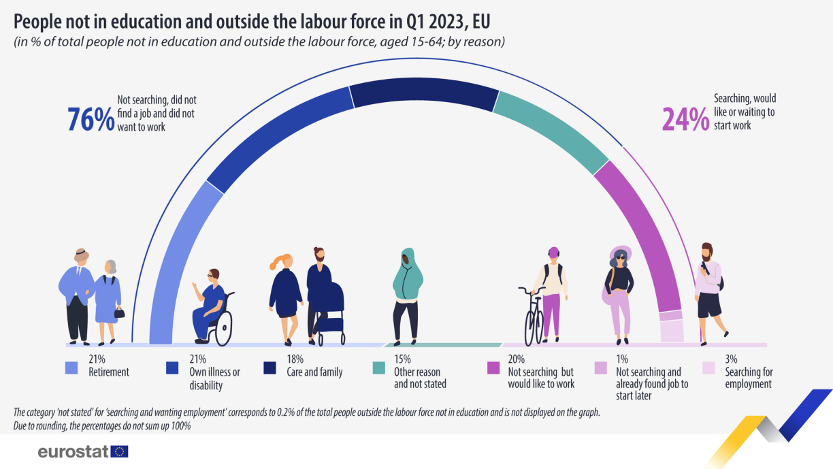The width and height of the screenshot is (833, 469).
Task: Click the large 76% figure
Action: click(x=90, y=118)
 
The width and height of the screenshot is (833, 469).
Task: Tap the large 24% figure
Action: click(x=685, y=119)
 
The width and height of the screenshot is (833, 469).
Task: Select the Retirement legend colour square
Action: click(x=71, y=368)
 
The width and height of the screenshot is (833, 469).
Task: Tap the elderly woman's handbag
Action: click(x=119, y=312)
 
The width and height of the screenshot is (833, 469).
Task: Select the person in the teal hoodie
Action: click(x=407, y=293)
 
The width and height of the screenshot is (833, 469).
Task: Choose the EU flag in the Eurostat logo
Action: click(x=120, y=451)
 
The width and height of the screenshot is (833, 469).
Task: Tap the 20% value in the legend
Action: click(x=516, y=359)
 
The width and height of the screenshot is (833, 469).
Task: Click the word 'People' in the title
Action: click(x=40, y=21)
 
